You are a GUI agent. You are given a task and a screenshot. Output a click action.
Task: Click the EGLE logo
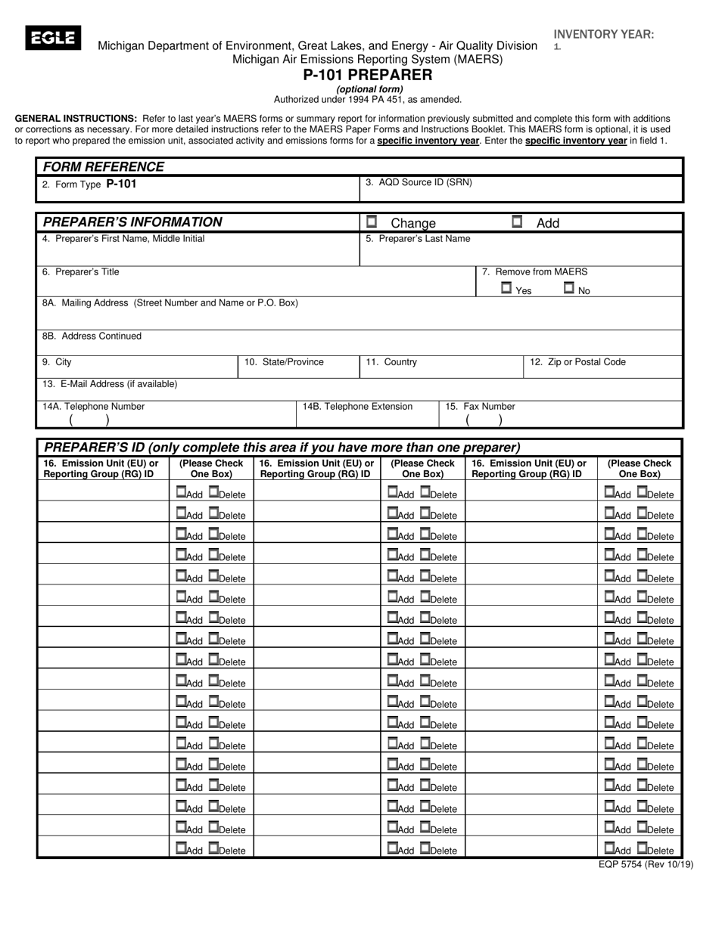[x=53, y=38]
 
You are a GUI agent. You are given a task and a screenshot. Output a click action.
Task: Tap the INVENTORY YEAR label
[x=604, y=34]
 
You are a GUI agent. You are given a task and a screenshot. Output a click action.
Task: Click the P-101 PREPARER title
[x=368, y=75]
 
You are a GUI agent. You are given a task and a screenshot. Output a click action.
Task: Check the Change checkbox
[x=372, y=222]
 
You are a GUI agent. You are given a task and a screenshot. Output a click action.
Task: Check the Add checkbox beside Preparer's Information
[x=517, y=222]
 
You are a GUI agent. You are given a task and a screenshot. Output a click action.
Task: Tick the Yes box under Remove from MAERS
[x=506, y=288]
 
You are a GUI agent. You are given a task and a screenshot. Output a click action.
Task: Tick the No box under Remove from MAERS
[x=569, y=288]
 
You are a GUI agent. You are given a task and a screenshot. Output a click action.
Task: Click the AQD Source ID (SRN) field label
[x=419, y=182]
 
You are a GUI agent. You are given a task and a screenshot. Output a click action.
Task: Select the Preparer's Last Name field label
[x=418, y=239]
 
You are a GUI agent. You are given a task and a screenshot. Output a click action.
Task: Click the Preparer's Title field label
[x=80, y=272]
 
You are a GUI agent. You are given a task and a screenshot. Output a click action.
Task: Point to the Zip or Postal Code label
[x=577, y=362]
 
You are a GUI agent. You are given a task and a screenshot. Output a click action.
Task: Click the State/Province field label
[x=284, y=362]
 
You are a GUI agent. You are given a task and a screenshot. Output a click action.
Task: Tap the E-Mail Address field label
[x=110, y=384]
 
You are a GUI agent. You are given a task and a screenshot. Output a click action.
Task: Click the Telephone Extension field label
[x=357, y=407]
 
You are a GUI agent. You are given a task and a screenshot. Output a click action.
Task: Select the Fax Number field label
[x=480, y=407]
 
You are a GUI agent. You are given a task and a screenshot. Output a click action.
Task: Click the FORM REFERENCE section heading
[x=103, y=167]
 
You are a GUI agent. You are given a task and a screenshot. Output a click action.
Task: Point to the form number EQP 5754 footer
[x=646, y=865]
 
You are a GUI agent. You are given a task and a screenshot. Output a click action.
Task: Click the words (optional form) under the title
[x=369, y=89]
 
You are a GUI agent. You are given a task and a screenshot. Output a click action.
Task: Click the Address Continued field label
[x=92, y=336]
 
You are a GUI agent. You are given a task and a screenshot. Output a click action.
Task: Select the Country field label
[x=391, y=362]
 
